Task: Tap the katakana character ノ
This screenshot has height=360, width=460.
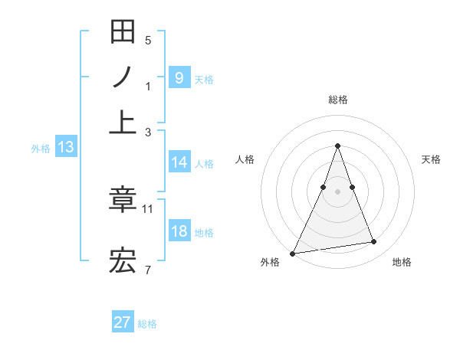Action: [x=123, y=78]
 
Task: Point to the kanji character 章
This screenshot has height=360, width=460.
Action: [x=123, y=201]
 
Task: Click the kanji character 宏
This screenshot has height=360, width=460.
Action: [x=123, y=262]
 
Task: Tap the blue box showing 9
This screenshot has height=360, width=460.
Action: [x=179, y=77]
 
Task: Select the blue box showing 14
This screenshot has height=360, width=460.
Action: [x=179, y=162]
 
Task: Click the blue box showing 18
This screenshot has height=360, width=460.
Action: [x=179, y=231]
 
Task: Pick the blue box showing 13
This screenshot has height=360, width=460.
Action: [x=65, y=147]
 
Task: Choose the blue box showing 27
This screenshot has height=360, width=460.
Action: [x=123, y=322]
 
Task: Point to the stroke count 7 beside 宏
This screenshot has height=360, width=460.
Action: [x=148, y=270]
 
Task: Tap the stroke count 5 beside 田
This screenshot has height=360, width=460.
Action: [x=148, y=40]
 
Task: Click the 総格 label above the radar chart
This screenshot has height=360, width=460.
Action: [x=337, y=100]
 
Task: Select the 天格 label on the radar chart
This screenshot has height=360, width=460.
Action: [x=432, y=159]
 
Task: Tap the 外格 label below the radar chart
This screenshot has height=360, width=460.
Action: [x=270, y=262]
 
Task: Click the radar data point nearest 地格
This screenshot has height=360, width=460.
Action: [x=374, y=242]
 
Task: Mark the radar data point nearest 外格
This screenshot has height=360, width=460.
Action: [x=292, y=254]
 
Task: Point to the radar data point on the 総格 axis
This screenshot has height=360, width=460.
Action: [x=337, y=146]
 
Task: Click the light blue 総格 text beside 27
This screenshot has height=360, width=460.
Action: [x=147, y=324]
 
